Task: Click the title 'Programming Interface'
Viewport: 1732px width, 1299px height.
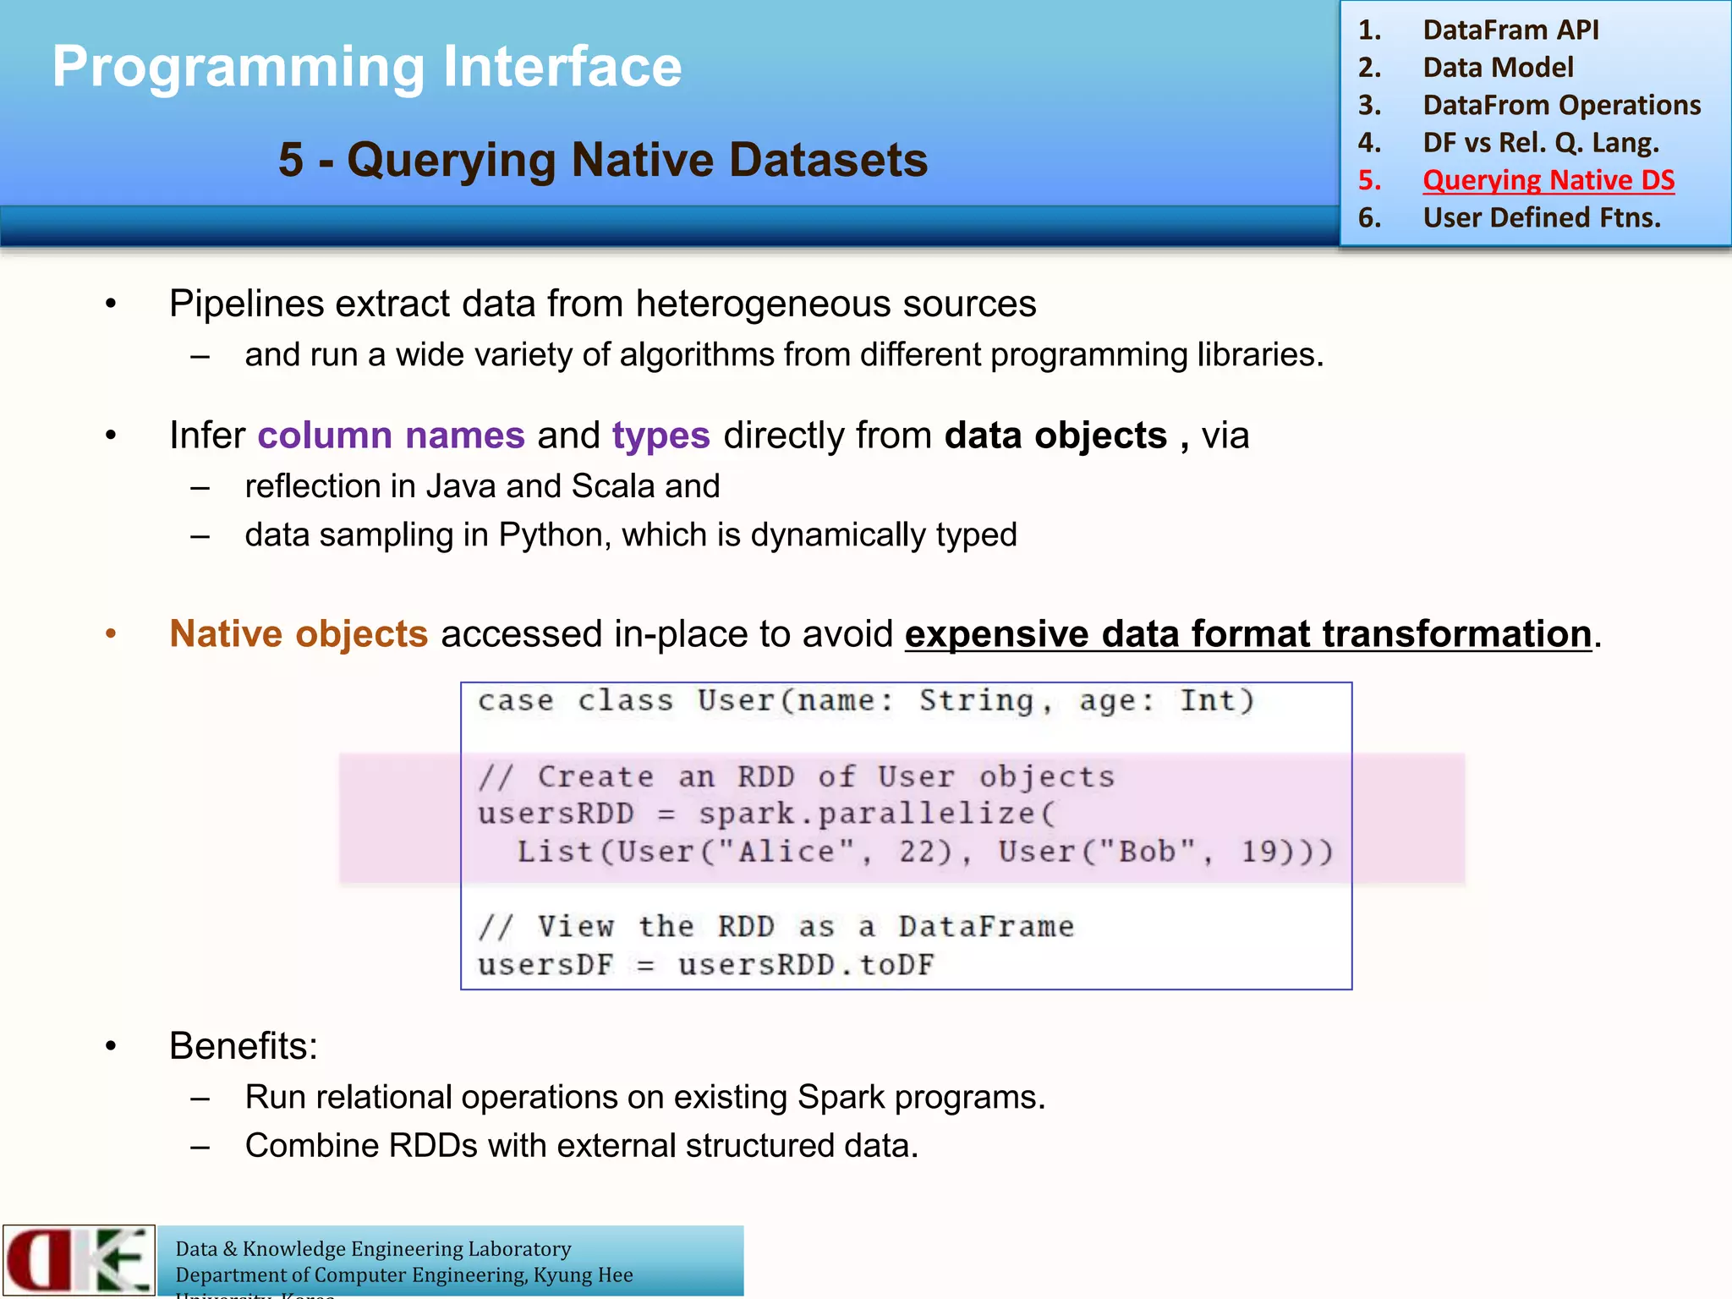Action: click(x=366, y=67)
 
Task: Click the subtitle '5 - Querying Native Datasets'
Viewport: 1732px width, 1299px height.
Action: click(x=602, y=160)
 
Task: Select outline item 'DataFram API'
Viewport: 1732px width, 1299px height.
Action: click(x=1510, y=30)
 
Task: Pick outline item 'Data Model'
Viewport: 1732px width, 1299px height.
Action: click(x=1498, y=68)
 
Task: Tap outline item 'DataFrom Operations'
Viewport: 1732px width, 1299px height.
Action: click(x=1561, y=105)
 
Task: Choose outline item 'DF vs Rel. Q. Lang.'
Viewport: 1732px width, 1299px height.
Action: click(x=1540, y=143)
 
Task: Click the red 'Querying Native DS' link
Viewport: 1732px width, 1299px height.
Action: click(x=1548, y=180)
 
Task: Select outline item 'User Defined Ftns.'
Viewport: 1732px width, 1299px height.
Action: click(x=1541, y=218)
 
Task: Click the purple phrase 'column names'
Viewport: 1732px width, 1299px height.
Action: click(x=391, y=436)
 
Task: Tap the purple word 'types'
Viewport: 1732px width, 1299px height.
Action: click(x=660, y=436)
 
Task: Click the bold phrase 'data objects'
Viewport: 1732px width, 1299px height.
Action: click(x=1055, y=436)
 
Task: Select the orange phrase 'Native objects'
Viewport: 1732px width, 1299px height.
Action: click(x=299, y=634)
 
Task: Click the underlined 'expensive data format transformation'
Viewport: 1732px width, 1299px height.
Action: click(x=1248, y=634)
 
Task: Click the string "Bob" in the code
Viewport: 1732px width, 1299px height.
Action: click(x=1147, y=852)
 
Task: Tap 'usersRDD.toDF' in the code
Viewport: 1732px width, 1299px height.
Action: click(x=806, y=965)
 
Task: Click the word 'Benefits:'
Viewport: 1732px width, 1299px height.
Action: click(x=244, y=1046)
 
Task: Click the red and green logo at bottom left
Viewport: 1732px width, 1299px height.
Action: click(x=79, y=1260)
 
